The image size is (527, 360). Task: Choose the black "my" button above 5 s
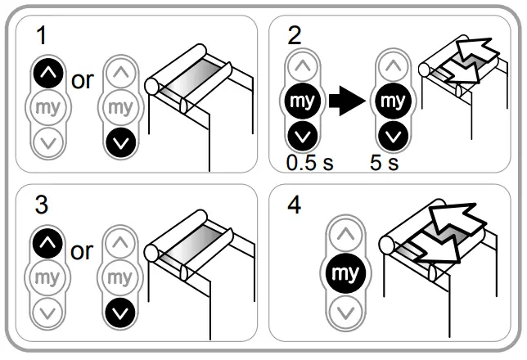click(393, 101)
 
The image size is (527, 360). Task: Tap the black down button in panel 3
click(120, 310)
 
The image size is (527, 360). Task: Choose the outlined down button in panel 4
click(347, 311)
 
